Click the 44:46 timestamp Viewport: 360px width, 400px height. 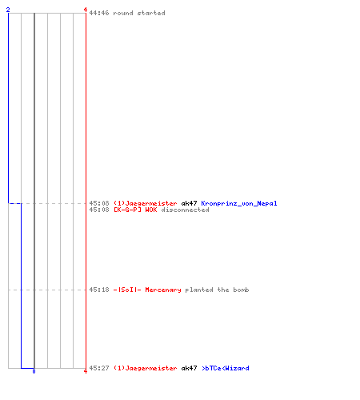click(x=99, y=13)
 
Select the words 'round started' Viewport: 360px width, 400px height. click(x=139, y=13)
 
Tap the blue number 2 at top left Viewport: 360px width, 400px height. click(x=8, y=10)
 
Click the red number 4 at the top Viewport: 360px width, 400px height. click(x=86, y=10)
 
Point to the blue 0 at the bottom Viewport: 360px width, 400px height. click(x=34, y=371)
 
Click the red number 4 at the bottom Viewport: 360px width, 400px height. click(x=86, y=371)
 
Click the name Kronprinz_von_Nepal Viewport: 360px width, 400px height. click(x=239, y=203)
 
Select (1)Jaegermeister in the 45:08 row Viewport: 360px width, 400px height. click(x=145, y=203)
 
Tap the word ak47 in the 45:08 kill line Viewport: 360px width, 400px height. click(x=189, y=203)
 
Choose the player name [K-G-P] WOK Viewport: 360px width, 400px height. click(x=135, y=210)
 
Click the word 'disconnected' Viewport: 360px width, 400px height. click(x=185, y=210)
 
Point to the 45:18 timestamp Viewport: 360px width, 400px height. click(x=99, y=290)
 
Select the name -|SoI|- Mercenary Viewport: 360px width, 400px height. click(x=147, y=290)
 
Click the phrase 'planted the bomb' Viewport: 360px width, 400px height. click(x=217, y=290)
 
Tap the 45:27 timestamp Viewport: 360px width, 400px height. click(x=99, y=368)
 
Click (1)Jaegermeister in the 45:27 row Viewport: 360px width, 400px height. click(x=145, y=368)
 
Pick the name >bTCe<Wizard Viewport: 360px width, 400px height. click(x=226, y=368)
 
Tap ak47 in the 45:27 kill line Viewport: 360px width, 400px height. click(x=189, y=368)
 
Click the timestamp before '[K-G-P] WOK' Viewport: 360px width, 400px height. click(x=99, y=210)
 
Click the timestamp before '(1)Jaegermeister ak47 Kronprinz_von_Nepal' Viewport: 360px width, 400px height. click(x=99, y=203)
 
